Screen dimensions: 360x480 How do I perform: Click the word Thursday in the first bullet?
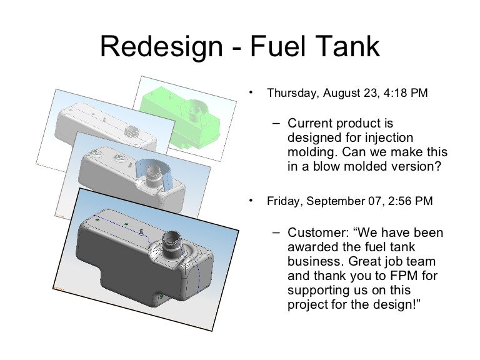(291, 93)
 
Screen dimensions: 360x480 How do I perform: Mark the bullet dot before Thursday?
(249, 91)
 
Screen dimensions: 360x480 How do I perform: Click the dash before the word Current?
(277, 124)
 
